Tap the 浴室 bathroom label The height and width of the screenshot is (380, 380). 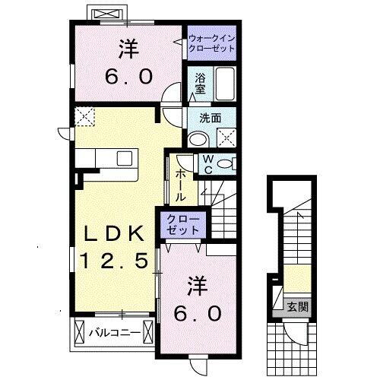point(201,82)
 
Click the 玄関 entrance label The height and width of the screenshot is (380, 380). point(297,307)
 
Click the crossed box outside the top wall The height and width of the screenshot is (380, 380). point(105,14)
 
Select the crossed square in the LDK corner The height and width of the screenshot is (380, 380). point(84,116)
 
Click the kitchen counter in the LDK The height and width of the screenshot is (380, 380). point(106,159)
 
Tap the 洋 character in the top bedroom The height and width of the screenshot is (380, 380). point(127,49)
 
